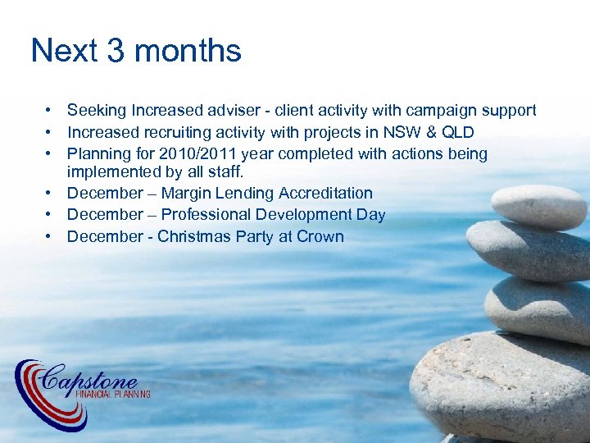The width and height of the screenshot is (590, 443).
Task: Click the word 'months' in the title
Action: [x=191, y=51]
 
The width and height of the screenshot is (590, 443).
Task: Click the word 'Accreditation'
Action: [x=325, y=194]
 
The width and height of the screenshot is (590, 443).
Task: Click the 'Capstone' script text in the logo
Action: [x=90, y=379]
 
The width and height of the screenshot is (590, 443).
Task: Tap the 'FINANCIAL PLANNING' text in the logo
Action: [x=112, y=395]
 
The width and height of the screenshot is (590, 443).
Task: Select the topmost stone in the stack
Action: [x=538, y=205]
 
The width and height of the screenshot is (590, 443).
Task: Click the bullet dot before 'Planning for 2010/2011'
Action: [x=50, y=153]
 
